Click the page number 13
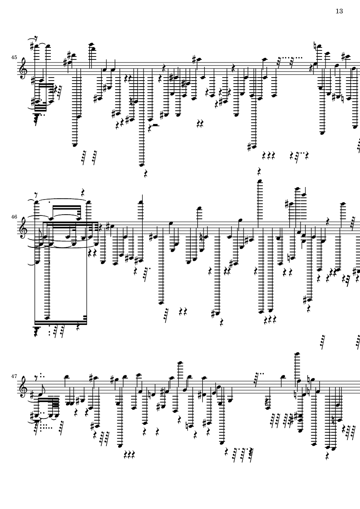click(339, 11)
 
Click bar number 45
click(14, 57)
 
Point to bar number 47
click(14, 376)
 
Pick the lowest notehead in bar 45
click(141, 165)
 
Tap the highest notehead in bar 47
click(296, 353)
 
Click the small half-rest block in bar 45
click(156, 125)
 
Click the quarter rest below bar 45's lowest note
click(146, 174)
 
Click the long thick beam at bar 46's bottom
click(61, 323)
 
